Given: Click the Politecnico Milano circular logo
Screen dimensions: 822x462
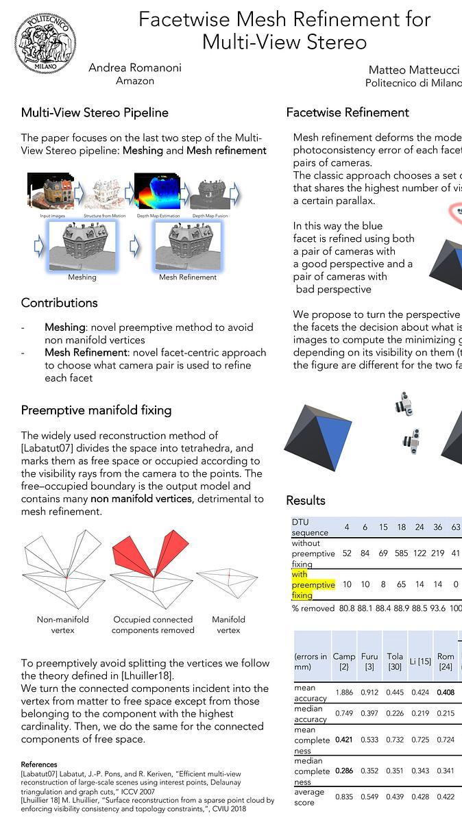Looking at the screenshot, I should click(45, 43).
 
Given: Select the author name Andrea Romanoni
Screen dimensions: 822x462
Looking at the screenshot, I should click(135, 68).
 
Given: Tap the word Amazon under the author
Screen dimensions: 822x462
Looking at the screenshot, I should click(135, 81).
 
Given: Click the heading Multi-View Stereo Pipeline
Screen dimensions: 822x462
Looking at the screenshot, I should click(95, 112).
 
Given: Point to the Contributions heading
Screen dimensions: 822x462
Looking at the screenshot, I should click(60, 303).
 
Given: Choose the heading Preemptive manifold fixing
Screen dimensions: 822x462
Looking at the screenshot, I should click(96, 410).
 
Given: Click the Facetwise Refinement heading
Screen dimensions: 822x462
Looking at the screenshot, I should click(348, 112).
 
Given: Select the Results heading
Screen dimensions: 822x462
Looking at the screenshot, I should click(306, 500).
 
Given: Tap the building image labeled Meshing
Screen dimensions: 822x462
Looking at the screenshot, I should click(82, 245).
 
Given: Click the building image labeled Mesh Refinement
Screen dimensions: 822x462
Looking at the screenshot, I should click(187, 245).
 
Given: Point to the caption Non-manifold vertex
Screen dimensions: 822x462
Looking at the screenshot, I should click(63, 625).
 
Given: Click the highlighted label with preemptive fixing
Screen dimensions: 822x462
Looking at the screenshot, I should click(313, 585).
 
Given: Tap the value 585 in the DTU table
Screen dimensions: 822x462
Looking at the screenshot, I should click(401, 553).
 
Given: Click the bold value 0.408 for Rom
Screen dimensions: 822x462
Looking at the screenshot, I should click(446, 693).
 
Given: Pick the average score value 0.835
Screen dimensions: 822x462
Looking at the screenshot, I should click(344, 797).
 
